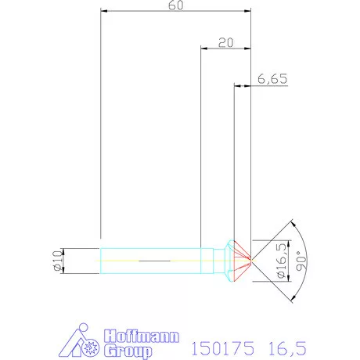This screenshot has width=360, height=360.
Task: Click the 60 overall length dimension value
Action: [176, 5]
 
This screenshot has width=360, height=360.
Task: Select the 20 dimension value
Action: [225, 42]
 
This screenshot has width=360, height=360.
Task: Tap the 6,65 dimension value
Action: [272, 79]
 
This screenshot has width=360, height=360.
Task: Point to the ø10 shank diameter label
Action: [58, 261]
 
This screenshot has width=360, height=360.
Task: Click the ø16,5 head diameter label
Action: [282, 261]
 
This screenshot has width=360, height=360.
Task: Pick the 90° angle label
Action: [301, 261]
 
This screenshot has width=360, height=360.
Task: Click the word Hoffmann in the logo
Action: [142, 337]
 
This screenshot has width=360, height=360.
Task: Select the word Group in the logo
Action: [128, 351]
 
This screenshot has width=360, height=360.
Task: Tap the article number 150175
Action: [222, 348]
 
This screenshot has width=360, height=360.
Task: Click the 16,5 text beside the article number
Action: [287, 348]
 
